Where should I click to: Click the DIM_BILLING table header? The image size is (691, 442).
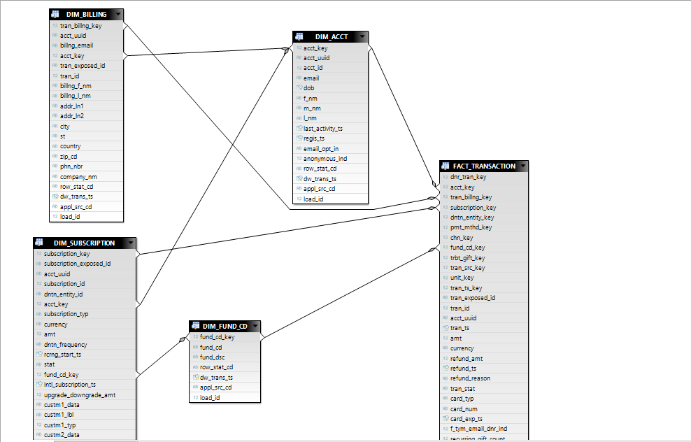[x=87, y=15]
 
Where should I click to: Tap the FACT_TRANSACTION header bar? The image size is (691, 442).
[x=484, y=166]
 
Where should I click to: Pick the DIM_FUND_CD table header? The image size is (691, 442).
[x=225, y=327]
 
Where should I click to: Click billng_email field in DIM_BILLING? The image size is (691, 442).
[x=76, y=45]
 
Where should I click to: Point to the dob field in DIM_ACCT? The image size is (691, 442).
[x=308, y=88]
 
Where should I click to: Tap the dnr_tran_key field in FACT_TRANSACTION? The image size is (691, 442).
[x=468, y=177]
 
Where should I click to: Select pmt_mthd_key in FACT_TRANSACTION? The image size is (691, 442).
[x=471, y=227]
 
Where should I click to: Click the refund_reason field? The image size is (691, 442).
[x=470, y=378]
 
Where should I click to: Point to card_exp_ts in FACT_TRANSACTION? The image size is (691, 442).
[x=466, y=419]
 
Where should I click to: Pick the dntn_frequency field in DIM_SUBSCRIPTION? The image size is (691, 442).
[x=66, y=345]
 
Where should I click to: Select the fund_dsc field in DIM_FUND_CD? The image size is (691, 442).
[x=211, y=357]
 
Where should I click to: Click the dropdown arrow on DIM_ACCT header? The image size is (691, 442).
[x=362, y=36]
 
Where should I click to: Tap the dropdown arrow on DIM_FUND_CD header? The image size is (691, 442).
[x=255, y=327]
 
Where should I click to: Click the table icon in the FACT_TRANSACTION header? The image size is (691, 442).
[x=446, y=166]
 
